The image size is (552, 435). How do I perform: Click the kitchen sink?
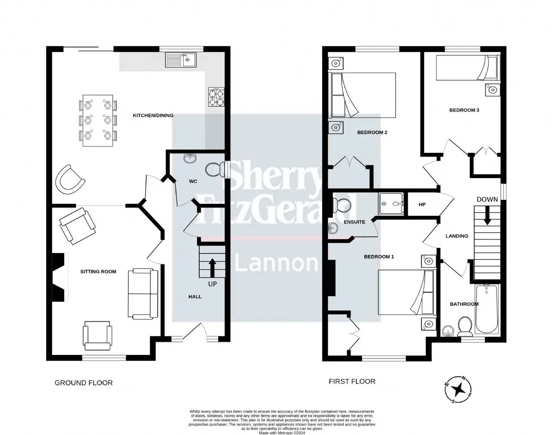coord(181,60)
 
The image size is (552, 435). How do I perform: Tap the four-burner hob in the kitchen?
coord(216,97)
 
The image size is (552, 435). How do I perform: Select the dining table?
coord(98,121)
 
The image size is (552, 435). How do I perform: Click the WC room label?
coord(193,181)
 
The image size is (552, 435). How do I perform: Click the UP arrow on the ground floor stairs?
coord(212,268)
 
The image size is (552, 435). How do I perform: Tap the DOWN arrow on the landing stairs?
coord(487,215)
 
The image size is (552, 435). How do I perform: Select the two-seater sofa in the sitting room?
coord(143,294)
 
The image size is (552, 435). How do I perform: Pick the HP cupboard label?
coord(422,205)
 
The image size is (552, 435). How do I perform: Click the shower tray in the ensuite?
coord(392,204)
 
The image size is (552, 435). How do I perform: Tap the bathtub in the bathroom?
coord(486,309)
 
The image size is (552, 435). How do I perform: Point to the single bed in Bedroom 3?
coord(468,68)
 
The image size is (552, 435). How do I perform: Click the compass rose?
coord(458,389)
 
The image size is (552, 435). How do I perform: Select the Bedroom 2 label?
coord(372,133)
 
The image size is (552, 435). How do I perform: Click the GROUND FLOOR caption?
coord(84,383)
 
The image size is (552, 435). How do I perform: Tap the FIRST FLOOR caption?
coord(352,382)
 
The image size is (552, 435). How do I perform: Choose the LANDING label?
coord(457,236)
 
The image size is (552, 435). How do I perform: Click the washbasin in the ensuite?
coord(333,228)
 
